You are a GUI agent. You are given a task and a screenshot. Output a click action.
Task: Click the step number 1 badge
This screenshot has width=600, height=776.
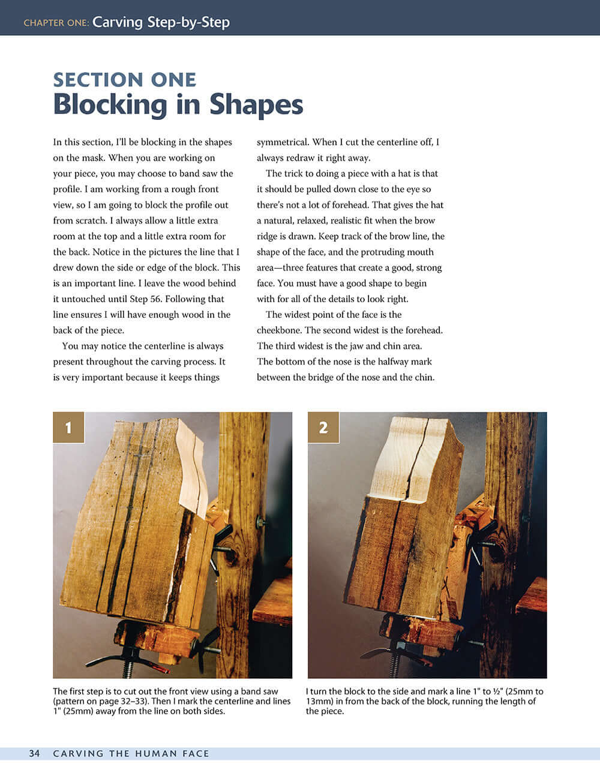(68, 428)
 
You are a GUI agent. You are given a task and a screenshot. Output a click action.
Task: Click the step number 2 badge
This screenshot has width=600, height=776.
(323, 428)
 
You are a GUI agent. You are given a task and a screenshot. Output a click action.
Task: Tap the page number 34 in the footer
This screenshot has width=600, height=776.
(34, 753)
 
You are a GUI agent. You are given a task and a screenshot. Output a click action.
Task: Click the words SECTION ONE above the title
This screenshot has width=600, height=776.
(125, 80)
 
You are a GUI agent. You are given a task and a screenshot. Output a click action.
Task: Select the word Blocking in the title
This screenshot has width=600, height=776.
(110, 104)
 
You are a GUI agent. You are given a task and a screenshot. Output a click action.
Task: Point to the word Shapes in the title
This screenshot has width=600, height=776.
(256, 104)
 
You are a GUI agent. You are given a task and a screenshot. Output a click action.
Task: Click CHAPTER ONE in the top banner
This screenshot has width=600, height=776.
(56, 23)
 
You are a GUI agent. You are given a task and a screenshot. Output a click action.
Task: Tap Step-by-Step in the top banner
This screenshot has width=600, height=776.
(188, 22)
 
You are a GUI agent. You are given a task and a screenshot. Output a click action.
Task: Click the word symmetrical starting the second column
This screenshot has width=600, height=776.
(283, 143)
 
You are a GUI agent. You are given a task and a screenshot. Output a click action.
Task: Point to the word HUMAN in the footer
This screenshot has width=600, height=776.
(156, 753)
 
